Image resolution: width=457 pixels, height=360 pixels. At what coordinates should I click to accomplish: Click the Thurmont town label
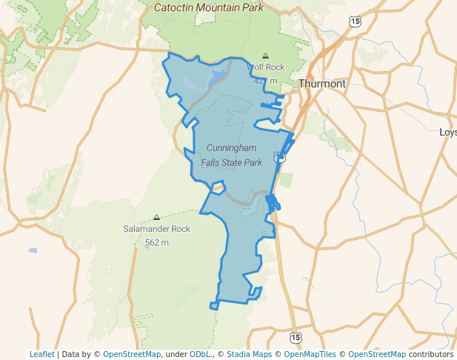(322, 84)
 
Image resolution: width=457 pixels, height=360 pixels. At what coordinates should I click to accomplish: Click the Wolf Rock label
(265, 67)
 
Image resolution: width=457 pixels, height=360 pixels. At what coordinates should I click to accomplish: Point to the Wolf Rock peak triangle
(265, 56)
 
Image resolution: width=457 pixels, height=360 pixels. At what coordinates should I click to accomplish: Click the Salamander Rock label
(156, 229)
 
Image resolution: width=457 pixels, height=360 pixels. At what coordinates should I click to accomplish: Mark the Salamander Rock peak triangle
(156, 217)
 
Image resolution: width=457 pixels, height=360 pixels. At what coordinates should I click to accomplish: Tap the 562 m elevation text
(156, 242)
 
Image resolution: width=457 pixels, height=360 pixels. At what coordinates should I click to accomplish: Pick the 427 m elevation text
(265, 80)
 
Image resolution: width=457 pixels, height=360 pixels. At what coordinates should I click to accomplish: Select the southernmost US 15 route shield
(296, 338)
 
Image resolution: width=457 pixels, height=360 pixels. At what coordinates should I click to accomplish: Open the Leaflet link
(41, 354)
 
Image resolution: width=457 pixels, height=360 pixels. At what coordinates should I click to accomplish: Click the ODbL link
(199, 354)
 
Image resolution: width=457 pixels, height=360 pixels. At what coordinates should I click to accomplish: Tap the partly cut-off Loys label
(448, 133)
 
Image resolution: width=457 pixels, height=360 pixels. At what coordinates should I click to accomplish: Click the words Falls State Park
(232, 162)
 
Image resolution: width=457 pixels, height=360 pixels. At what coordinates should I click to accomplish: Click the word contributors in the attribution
(430, 354)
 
